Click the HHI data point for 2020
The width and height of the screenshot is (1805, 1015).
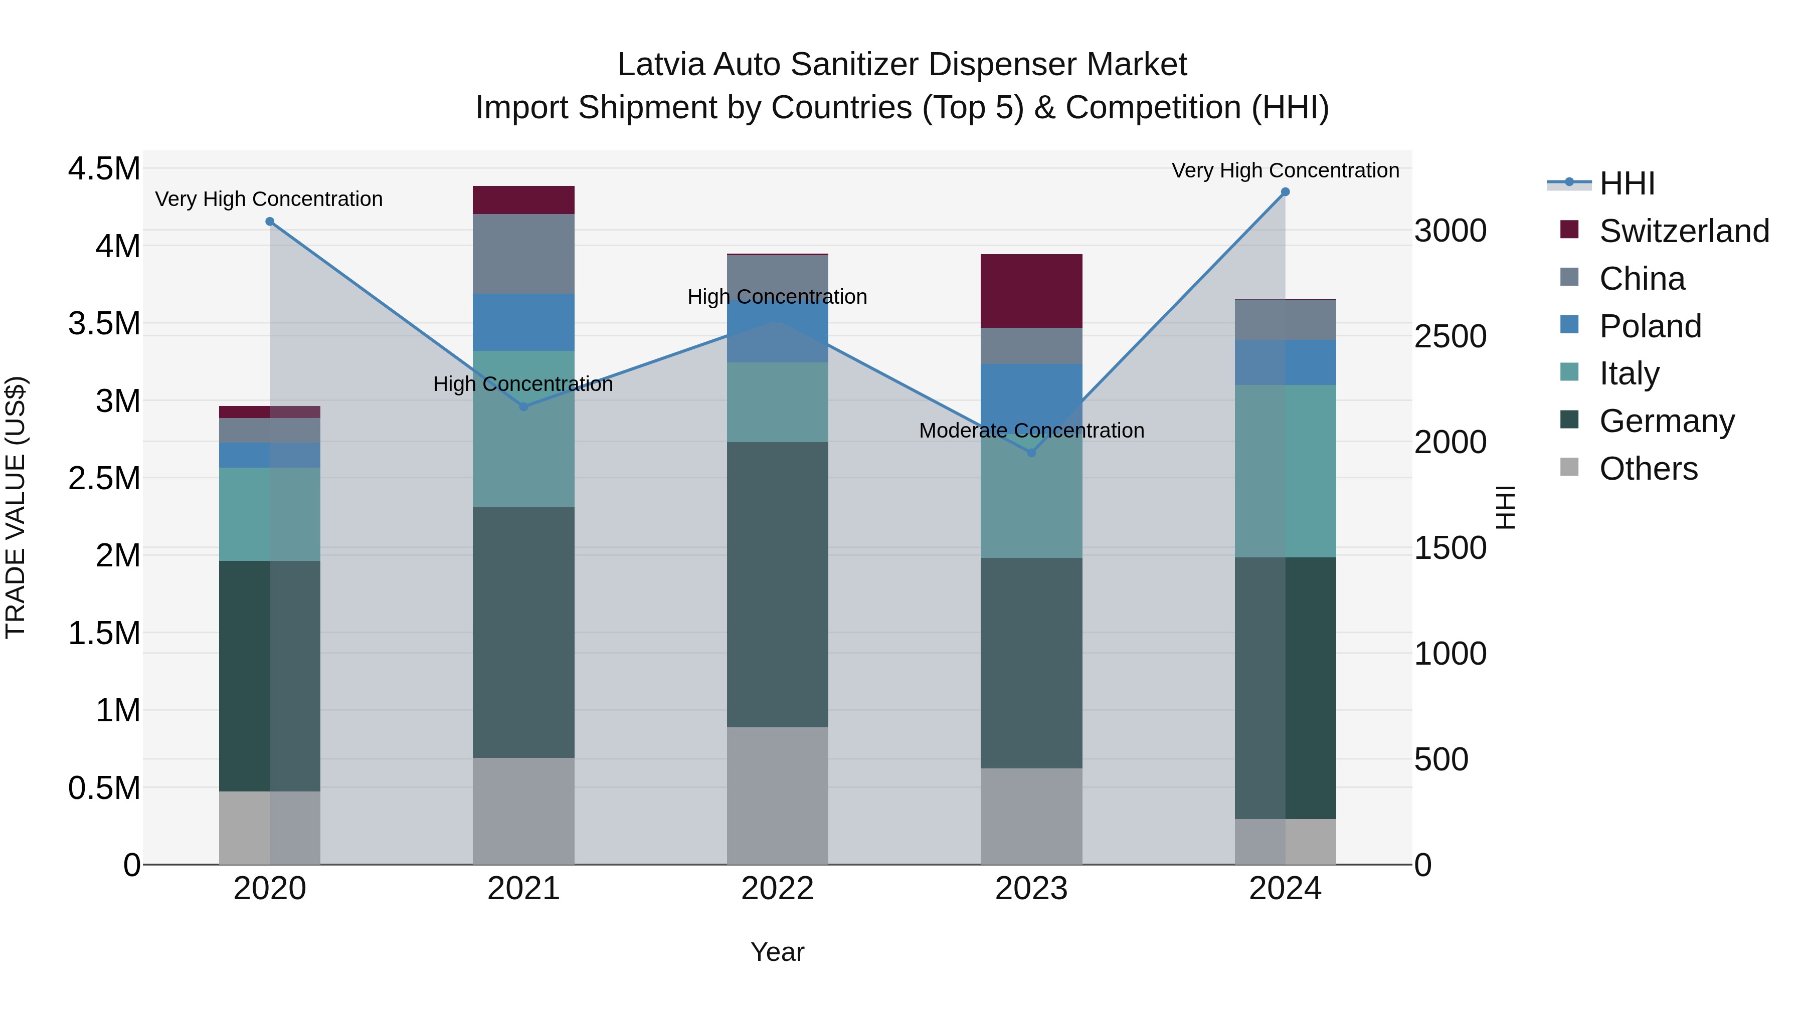pyautogui.click(x=270, y=222)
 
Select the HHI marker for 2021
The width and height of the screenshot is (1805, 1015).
pyautogui.click(x=523, y=407)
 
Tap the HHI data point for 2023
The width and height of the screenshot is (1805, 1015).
pyautogui.click(x=1031, y=453)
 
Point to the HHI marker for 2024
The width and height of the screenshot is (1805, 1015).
pyautogui.click(x=1285, y=192)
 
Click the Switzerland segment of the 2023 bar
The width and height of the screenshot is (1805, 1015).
pyautogui.click(x=1031, y=291)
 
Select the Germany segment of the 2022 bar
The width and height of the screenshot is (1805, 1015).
pyautogui.click(x=777, y=584)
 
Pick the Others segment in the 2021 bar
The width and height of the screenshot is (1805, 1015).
pyautogui.click(x=523, y=810)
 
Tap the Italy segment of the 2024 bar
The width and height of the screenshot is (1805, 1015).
pyautogui.click(x=1285, y=471)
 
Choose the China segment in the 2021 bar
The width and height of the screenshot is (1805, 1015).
pyautogui.click(x=523, y=254)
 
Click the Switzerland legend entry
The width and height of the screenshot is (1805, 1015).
pyautogui.click(x=1684, y=231)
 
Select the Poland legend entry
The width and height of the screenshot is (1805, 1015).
pyautogui.click(x=1650, y=326)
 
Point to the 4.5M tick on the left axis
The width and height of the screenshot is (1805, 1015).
pyautogui.click(x=104, y=169)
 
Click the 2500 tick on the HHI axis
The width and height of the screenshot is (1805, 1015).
pyautogui.click(x=1450, y=336)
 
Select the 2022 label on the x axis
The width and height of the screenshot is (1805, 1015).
pyautogui.click(x=777, y=889)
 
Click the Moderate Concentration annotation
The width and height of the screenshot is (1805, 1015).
pyautogui.click(x=1031, y=430)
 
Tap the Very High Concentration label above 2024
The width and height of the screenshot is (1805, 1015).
pyautogui.click(x=1285, y=170)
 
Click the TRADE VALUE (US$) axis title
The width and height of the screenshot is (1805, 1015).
pyautogui.click(x=16, y=507)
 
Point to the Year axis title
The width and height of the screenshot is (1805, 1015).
pyautogui.click(x=777, y=952)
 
